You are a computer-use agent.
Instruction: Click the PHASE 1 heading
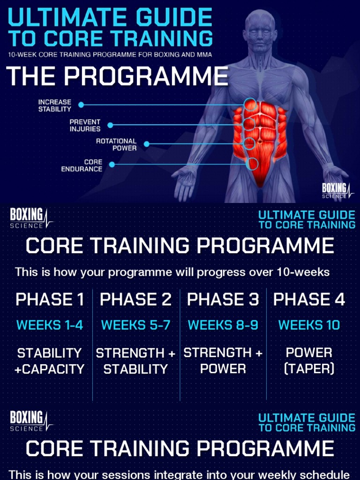(50, 300)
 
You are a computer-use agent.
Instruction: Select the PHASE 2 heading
(136, 300)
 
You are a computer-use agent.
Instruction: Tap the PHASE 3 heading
(223, 300)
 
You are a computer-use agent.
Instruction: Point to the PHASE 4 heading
(309, 300)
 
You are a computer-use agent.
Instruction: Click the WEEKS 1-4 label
(50, 325)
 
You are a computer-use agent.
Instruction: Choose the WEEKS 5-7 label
(136, 325)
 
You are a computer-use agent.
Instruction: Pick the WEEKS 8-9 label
(223, 325)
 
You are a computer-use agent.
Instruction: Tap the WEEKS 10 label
(309, 325)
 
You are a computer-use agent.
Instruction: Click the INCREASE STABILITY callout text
(55, 105)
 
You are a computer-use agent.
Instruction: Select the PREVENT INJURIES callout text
(85, 125)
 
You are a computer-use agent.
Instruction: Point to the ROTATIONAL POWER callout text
(116, 144)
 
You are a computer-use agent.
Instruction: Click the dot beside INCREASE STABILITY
(81, 105)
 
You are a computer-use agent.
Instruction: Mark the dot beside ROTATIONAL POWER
(146, 144)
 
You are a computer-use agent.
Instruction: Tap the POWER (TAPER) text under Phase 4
(309, 360)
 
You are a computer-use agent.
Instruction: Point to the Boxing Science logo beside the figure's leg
(337, 190)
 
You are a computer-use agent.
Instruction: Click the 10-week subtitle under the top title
(110, 54)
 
